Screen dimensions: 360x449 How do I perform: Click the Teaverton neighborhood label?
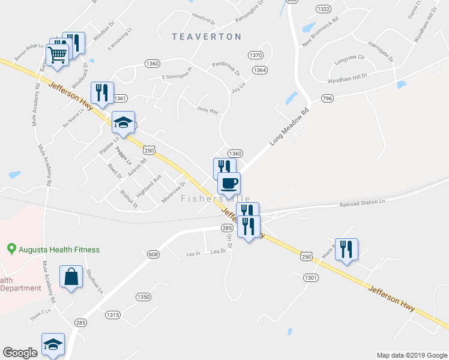[x=206, y=37]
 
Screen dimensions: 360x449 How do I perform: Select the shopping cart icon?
[x=58, y=55]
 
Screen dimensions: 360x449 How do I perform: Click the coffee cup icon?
[x=229, y=183]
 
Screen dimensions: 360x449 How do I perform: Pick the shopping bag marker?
[x=71, y=277]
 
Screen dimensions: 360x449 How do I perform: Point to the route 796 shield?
[x=327, y=98]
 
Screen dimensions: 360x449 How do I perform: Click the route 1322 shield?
[x=323, y=8]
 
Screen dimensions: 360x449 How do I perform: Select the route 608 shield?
[x=153, y=254]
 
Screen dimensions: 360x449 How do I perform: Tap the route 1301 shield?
[x=310, y=278]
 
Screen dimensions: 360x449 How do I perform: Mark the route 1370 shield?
[x=256, y=55]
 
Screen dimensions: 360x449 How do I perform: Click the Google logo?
[x=20, y=353]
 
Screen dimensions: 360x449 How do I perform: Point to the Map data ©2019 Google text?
[x=411, y=355]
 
